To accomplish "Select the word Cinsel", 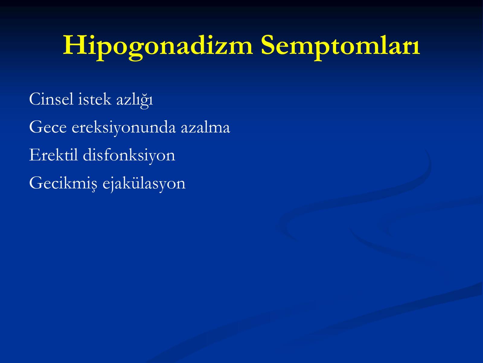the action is click(51, 99).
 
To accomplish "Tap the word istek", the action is click(94, 99).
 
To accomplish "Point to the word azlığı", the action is click(134, 100).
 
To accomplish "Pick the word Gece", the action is click(48, 127).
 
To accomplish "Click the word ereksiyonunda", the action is click(124, 128).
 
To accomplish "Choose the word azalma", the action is click(206, 127).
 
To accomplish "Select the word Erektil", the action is click(53, 155).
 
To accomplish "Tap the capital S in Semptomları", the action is click(268, 45).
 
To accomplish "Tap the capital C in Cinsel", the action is click(35, 99).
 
